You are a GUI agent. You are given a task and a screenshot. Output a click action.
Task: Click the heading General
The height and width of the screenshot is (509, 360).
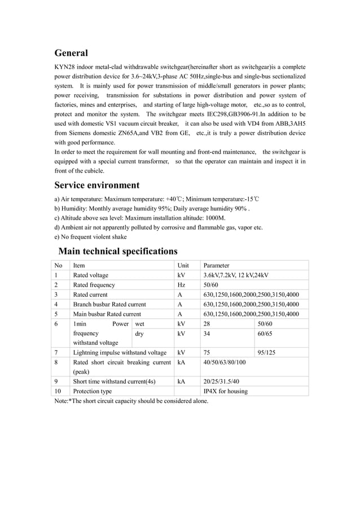pyautogui.click(x=71, y=53)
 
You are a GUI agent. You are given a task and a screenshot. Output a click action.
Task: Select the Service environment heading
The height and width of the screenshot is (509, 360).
pyautogui.click(x=96, y=185)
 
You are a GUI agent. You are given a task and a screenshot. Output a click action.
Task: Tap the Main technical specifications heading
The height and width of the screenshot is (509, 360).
pyautogui.click(x=118, y=251)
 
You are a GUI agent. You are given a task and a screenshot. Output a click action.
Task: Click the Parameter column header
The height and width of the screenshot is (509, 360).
pyautogui.click(x=216, y=265)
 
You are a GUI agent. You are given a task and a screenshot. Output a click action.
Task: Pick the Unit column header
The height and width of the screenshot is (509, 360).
pyautogui.click(x=183, y=265)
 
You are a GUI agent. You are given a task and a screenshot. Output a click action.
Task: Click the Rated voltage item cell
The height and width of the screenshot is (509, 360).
pyautogui.click(x=91, y=275)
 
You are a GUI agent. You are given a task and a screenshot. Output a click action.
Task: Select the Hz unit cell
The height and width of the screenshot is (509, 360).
pyautogui.click(x=181, y=285)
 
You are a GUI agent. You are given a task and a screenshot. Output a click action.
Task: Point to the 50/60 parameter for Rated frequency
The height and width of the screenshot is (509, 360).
pyautogui.click(x=211, y=285)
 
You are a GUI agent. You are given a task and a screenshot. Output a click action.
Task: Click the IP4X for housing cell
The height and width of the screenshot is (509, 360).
pyautogui.click(x=225, y=391)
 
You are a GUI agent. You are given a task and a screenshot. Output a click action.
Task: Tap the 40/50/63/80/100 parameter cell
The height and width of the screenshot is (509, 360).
pyautogui.click(x=224, y=362)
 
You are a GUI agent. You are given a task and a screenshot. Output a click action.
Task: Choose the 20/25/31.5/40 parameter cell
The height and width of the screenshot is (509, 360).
pyautogui.click(x=221, y=381)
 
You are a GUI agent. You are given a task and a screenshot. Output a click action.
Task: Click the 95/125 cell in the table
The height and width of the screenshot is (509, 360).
pyautogui.click(x=267, y=353)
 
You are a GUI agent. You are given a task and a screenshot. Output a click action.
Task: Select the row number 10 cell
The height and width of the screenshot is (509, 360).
pyautogui.click(x=58, y=391)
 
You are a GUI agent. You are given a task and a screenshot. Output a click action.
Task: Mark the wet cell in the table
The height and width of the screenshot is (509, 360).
pyautogui.click(x=139, y=324)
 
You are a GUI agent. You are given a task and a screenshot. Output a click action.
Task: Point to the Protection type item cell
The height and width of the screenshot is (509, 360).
pyautogui.click(x=93, y=391)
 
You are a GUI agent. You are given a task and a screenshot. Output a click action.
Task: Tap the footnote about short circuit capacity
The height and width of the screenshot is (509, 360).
pyautogui.click(x=131, y=401)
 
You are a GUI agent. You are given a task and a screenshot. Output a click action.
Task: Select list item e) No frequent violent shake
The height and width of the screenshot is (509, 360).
pyautogui.click(x=90, y=236)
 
